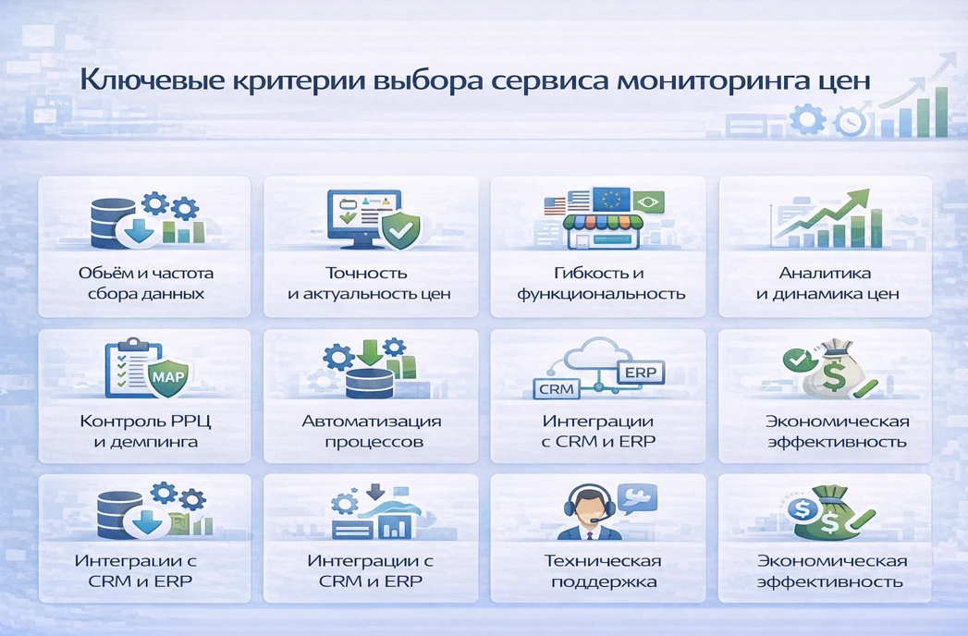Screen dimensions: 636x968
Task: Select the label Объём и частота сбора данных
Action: pos(145,284)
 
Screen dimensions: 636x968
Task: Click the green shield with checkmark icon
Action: pos(399,230)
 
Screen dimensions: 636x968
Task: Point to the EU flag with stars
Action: pos(610,199)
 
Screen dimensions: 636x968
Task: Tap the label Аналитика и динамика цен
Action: pos(827,284)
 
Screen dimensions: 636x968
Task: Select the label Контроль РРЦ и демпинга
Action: pos(145,431)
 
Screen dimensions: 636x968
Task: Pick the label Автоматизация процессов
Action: pos(372,431)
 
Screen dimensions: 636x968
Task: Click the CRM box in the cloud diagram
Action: pos(556,389)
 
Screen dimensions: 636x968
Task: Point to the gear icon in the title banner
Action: pos(807,118)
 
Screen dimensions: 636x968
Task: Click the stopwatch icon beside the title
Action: pos(850,121)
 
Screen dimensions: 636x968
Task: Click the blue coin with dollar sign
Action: pos(799,508)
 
